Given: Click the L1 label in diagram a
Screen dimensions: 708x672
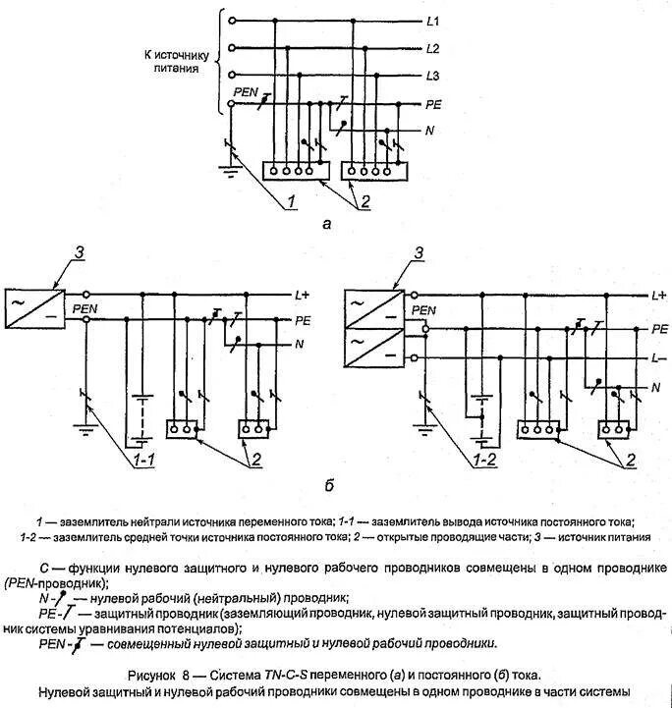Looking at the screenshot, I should pyautogui.click(x=433, y=21).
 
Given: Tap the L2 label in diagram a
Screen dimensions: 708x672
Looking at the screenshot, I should pyautogui.click(x=433, y=48).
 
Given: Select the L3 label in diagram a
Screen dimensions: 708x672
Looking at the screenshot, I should pyautogui.click(x=433, y=76).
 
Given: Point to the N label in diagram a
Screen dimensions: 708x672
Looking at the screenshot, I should pyautogui.click(x=430, y=131).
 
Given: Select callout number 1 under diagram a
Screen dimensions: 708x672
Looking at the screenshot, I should pyautogui.click(x=292, y=202).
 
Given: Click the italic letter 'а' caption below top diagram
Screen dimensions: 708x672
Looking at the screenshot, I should pyautogui.click(x=327, y=223).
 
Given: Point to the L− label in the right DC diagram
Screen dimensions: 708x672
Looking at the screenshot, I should pyautogui.click(x=659, y=358).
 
